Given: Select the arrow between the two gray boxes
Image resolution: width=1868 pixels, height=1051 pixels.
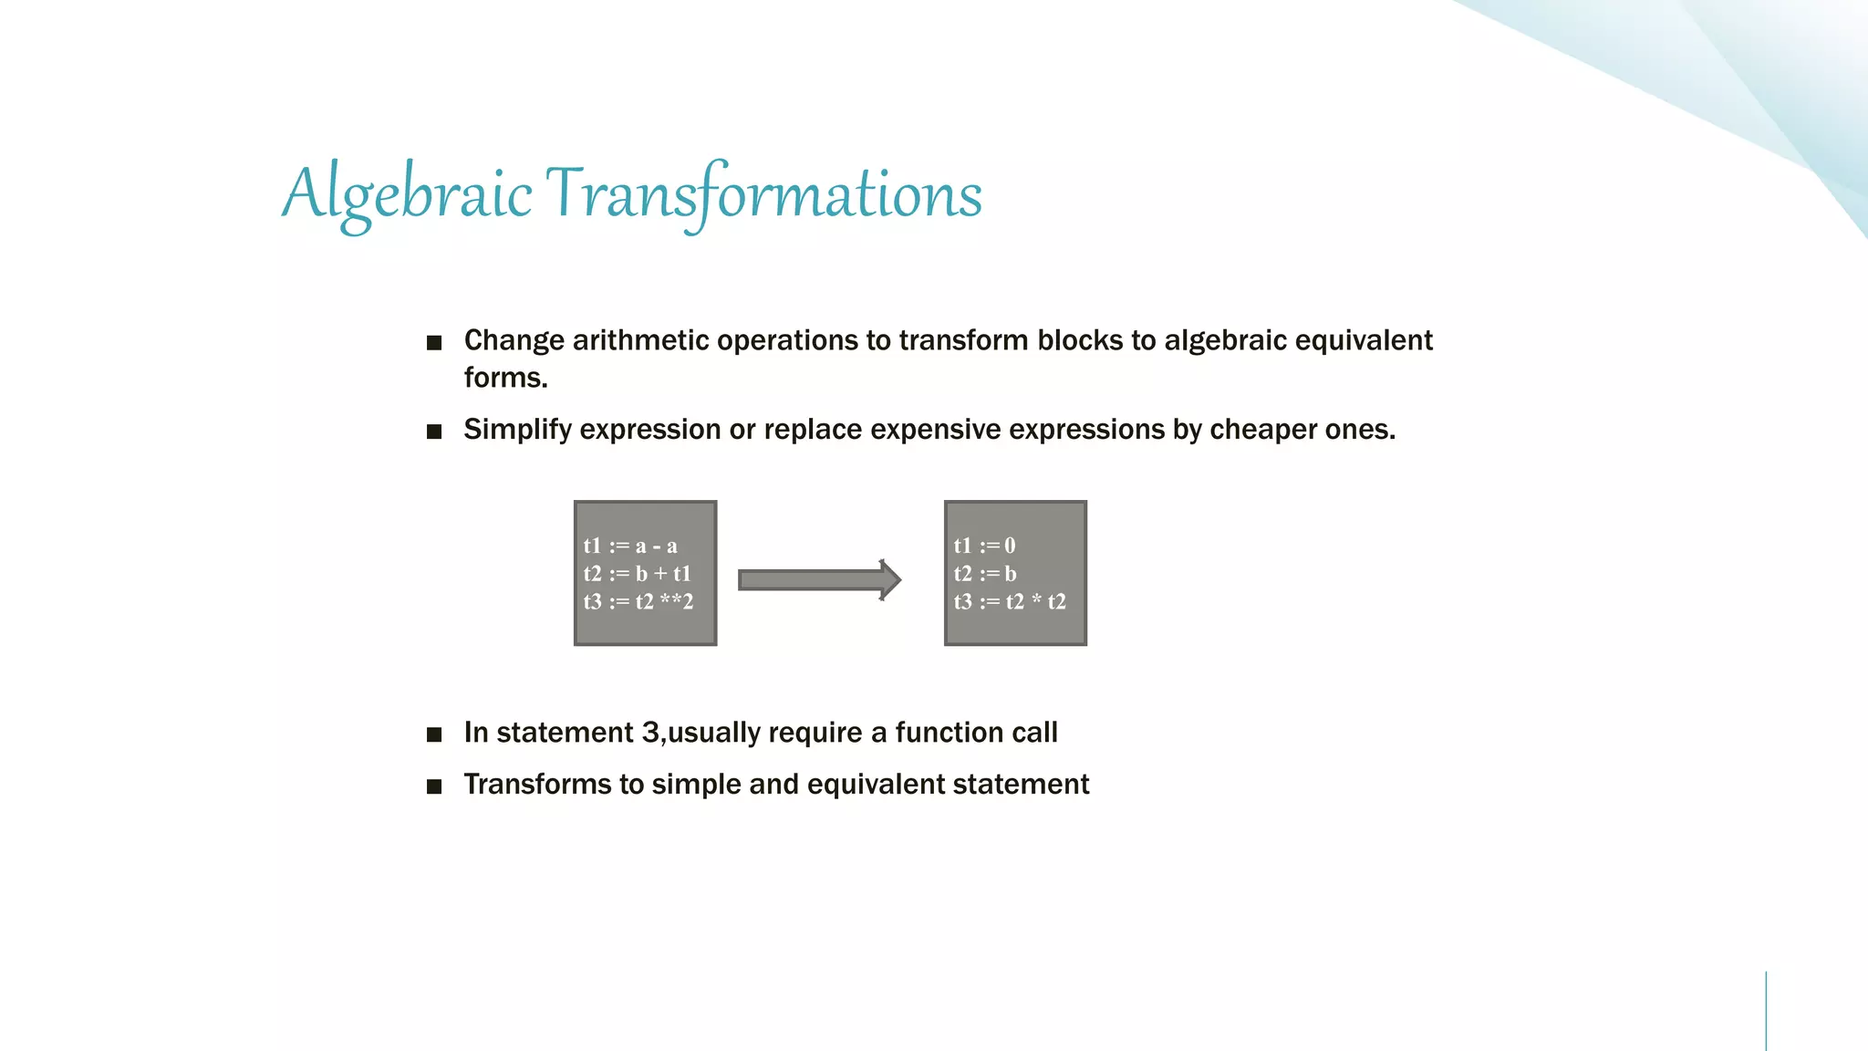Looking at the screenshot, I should (818, 580).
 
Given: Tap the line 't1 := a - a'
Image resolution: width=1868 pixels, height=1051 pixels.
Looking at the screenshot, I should (630, 546).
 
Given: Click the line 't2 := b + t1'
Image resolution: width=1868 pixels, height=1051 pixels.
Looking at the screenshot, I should (638, 574).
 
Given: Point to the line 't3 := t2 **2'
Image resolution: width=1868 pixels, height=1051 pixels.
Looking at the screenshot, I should (638, 602).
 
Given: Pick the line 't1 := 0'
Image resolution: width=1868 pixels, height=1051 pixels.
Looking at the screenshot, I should (984, 546).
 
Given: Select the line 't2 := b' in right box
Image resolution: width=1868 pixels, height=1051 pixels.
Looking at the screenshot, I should (985, 574).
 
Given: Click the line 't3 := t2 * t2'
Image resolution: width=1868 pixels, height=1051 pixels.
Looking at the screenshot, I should (1010, 602).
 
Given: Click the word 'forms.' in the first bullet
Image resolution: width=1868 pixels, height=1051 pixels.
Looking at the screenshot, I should (505, 378).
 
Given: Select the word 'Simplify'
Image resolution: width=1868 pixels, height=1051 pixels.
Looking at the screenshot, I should (517, 430).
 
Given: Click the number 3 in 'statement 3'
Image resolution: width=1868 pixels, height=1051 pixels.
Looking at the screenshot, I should (650, 733).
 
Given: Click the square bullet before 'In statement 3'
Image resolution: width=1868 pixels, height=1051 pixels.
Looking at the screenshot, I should (434, 734).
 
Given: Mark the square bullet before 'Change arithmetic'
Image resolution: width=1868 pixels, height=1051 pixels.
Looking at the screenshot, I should (434, 343).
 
